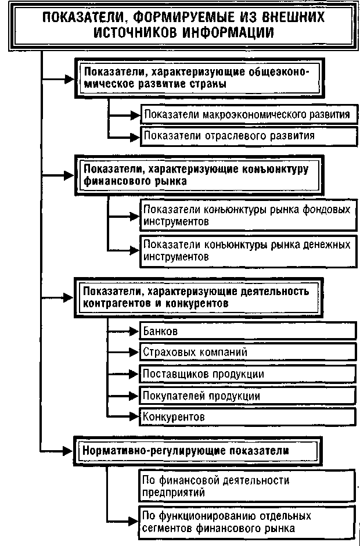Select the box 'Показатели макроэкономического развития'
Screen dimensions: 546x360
coord(247,114)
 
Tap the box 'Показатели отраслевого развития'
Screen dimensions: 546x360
coord(247,136)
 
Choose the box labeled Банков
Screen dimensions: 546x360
coord(247,331)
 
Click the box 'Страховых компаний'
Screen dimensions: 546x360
coord(247,352)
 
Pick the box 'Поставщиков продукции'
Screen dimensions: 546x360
coord(247,373)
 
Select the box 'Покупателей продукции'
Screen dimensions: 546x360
coord(247,395)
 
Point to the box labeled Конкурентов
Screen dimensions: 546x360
coord(247,416)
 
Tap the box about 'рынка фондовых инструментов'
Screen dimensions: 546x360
coord(247,214)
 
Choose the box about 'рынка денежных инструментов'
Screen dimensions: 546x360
coord(247,250)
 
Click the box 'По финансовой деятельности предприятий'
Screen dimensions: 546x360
coord(247,486)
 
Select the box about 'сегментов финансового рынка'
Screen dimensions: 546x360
coord(247,522)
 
